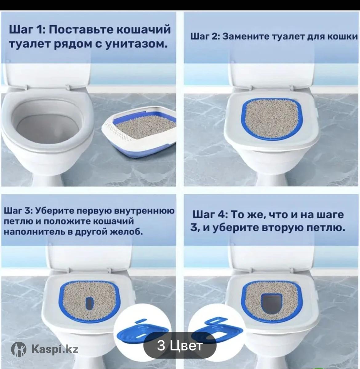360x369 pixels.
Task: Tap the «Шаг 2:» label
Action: tap(205, 36)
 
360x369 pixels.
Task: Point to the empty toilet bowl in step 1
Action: tap(47, 125)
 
